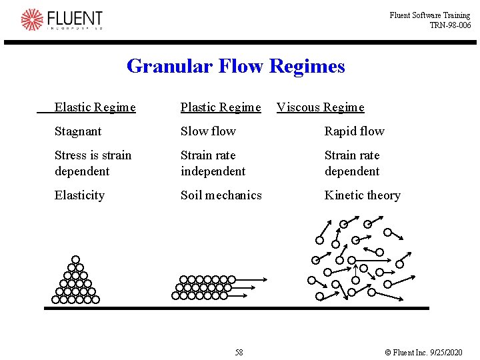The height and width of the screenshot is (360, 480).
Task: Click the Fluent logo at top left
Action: point(62,19)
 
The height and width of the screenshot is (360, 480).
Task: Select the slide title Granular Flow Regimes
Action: point(235,66)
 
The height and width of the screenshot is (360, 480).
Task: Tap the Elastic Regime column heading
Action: point(95,107)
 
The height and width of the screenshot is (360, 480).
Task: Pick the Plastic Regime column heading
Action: point(221,107)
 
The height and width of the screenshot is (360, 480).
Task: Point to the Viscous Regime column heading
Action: point(321,107)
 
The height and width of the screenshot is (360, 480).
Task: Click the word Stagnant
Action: point(78,131)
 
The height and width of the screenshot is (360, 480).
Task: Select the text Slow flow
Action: point(208,131)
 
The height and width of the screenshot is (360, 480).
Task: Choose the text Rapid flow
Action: point(354,131)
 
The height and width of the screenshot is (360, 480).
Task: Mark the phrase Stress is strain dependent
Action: point(93,163)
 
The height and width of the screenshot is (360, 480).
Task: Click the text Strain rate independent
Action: point(213,163)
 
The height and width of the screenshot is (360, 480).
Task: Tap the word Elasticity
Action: point(79,195)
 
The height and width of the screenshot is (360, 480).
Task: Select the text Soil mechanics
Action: point(221,195)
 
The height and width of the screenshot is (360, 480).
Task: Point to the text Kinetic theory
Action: point(362,195)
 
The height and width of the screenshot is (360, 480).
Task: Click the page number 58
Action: point(239,352)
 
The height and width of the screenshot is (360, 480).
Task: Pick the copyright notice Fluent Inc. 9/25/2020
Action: point(423,352)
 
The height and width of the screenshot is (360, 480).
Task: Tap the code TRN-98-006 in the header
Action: point(450,25)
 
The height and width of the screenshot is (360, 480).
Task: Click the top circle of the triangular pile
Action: point(76,259)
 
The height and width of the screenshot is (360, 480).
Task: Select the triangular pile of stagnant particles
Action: point(75,283)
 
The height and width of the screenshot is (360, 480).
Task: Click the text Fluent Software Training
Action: point(430,15)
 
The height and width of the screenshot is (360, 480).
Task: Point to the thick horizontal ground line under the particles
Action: point(237,308)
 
